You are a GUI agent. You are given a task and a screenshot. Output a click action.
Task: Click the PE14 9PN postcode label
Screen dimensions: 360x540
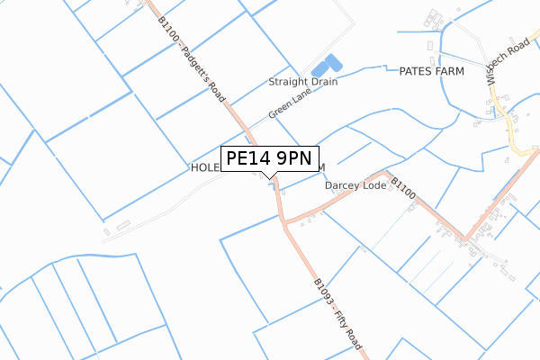point(269,159)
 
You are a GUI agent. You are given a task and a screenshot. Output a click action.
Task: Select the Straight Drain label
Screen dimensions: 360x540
point(303,82)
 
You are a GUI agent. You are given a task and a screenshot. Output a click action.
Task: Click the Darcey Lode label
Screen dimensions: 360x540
point(355,186)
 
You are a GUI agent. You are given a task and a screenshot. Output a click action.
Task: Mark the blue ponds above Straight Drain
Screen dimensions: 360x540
point(326,66)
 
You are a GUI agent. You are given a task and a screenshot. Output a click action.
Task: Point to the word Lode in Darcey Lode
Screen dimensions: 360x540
point(374,186)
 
